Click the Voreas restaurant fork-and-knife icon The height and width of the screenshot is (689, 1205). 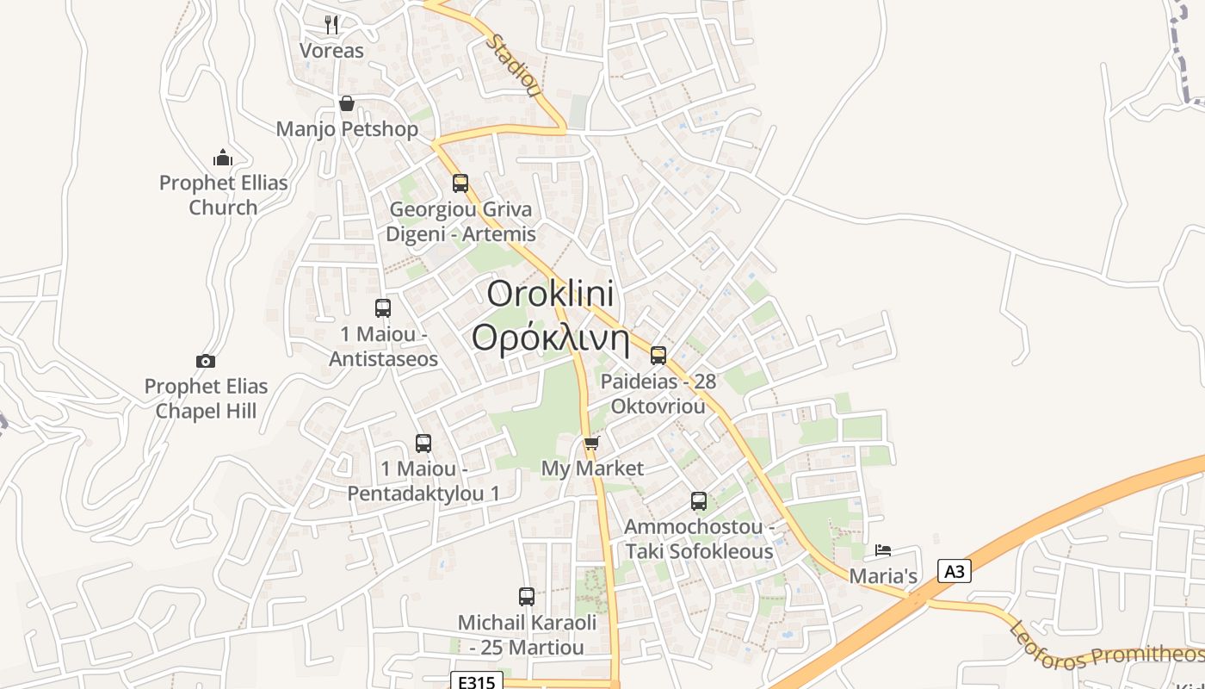pyautogui.click(x=331, y=24)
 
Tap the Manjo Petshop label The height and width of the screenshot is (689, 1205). pyautogui.click(x=347, y=129)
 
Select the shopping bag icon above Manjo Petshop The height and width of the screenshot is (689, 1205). pyautogui.click(x=346, y=104)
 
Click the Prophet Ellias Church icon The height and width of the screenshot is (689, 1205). pyautogui.click(x=223, y=158)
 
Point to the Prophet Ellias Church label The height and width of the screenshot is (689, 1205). pyautogui.click(x=223, y=196)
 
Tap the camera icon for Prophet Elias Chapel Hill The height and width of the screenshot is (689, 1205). pyautogui.click(x=205, y=361)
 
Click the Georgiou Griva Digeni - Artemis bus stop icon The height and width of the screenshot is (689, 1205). pyautogui.click(x=460, y=183)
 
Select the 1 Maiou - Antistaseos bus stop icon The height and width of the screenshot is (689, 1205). pyautogui.click(x=383, y=307)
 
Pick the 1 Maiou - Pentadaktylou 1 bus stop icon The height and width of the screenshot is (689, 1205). pyautogui.click(x=423, y=444)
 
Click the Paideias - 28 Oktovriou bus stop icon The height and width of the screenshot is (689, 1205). pyautogui.click(x=658, y=355)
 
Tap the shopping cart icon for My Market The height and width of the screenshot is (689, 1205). pyautogui.click(x=591, y=444)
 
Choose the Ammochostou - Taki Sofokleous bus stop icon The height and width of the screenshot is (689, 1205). pyautogui.click(x=699, y=500)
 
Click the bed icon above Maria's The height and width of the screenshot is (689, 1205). pyautogui.click(x=883, y=550)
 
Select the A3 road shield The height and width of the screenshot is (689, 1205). pyautogui.click(x=954, y=571)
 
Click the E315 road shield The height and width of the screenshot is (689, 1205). pyautogui.click(x=476, y=682)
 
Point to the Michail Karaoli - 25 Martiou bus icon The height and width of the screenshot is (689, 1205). pyautogui.click(x=527, y=596)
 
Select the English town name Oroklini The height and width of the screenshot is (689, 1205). pyautogui.click(x=550, y=294)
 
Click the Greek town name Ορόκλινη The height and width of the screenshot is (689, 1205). pyautogui.click(x=550, y=338)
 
